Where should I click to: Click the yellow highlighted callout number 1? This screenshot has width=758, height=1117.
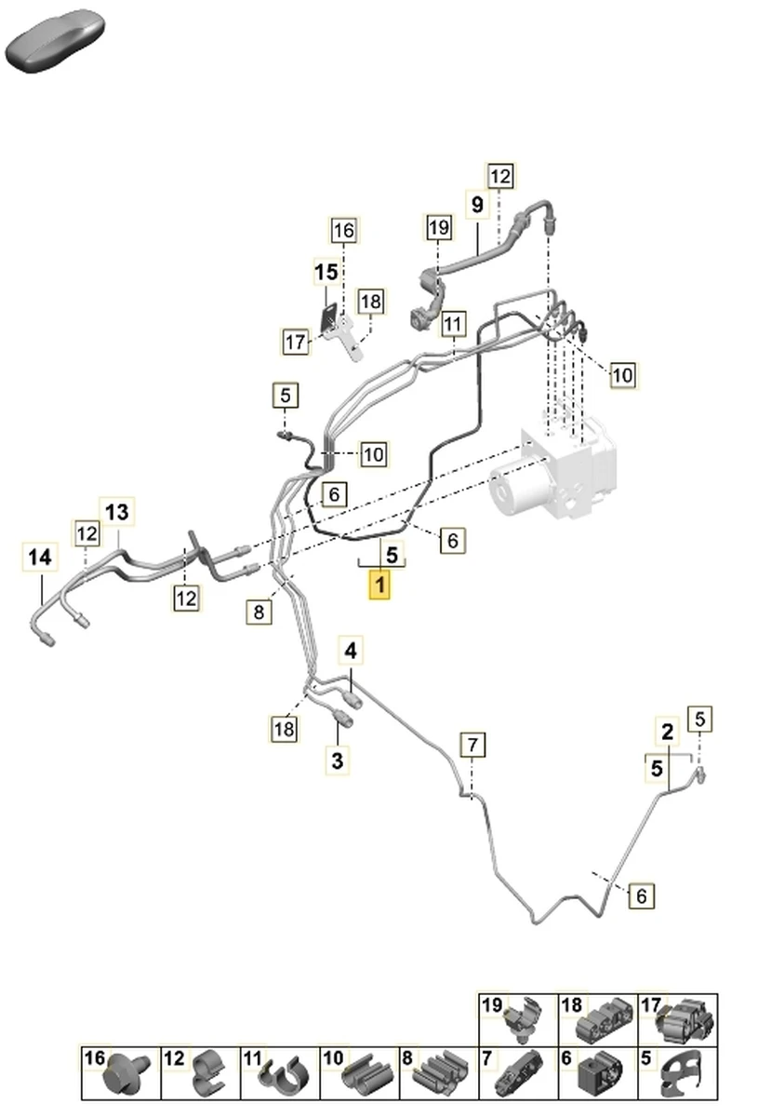click(380, 587)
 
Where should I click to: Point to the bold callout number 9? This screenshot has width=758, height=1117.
click(477, 204)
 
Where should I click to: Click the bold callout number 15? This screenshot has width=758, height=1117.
click(326, 273)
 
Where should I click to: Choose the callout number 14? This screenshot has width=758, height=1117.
click(39, 558)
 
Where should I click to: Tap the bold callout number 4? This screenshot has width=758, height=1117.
click(351, 650)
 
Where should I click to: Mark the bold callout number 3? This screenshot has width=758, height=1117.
click(337, 760)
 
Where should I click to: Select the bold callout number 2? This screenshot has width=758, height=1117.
click(667, 732)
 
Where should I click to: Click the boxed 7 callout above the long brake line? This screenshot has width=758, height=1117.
click(472, 745)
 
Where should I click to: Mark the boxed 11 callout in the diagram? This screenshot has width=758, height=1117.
click(452, 324)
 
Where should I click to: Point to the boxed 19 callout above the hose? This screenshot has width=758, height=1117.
click(438, 226)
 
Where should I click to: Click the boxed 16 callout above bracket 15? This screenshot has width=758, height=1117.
click(343, 230)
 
